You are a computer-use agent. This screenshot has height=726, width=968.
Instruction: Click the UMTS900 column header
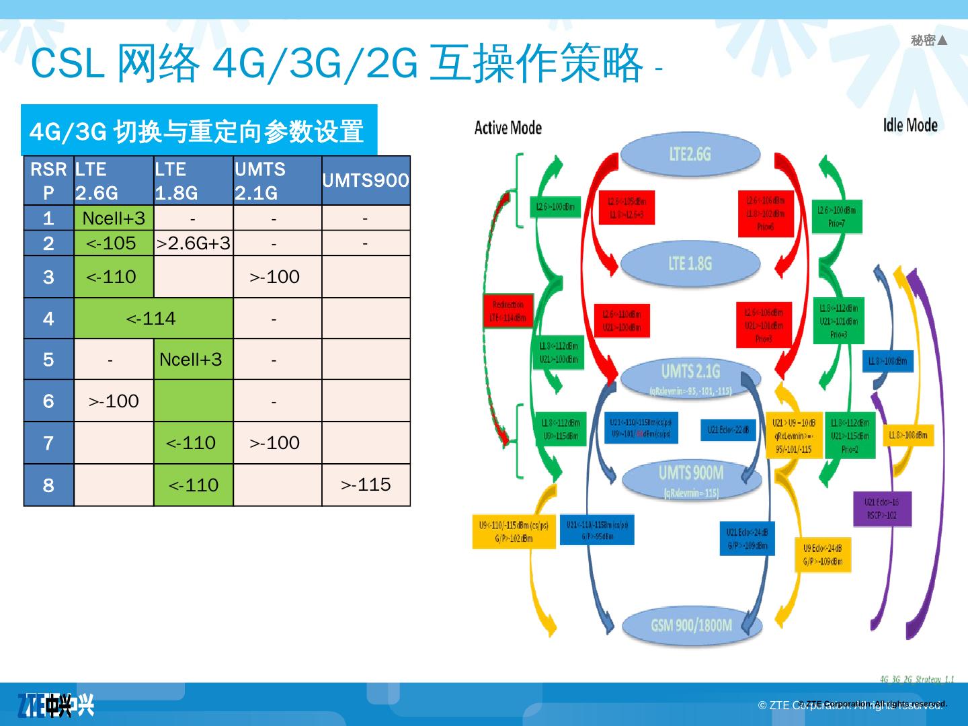(366, 180)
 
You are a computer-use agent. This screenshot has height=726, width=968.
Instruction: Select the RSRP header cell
(48, 180)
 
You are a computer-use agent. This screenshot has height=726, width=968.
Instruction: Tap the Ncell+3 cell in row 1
(114, 218)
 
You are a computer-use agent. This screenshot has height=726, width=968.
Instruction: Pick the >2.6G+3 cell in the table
(194, 243)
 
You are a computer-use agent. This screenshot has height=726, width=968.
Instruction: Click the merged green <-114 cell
(153, 318)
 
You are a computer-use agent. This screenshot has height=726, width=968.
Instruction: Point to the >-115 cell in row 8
(366, 484)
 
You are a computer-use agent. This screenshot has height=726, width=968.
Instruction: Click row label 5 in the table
(48, 359)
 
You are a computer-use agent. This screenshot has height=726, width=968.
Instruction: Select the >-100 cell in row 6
(114, 401)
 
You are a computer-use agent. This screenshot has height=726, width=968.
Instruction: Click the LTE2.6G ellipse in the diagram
(690, 154)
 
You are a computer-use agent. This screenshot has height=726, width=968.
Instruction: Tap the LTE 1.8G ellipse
(690, 263)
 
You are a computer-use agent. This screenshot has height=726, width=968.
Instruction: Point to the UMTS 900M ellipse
(691, 479)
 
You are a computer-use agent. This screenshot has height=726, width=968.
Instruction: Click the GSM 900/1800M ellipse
(691, 626)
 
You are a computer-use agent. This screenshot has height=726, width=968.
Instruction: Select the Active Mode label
(508, 128)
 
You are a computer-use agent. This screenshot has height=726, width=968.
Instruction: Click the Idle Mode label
(910, 125)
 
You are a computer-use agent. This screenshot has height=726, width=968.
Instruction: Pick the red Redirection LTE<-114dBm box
(508, 311)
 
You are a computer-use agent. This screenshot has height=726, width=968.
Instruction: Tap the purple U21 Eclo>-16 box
(881, 508)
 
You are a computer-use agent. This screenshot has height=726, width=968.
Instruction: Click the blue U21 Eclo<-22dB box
(728, 430)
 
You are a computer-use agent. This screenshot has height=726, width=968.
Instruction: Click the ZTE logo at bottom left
(56, 705)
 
